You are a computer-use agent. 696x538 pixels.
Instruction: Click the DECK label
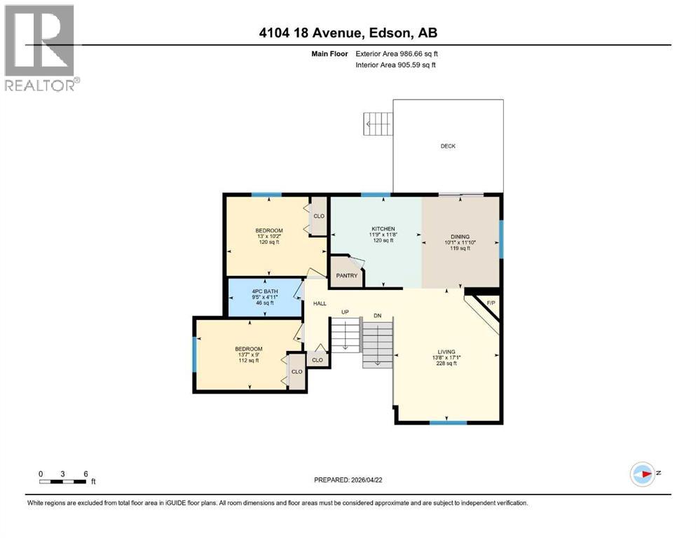[x=448, y=146]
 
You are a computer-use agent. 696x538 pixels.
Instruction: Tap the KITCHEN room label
[x=383, y=229]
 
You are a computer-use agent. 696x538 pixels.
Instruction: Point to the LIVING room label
[x=446, y=352]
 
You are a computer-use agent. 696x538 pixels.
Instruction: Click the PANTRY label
[x=346, y=275]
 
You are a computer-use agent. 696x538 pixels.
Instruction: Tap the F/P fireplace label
[x=490, y=302]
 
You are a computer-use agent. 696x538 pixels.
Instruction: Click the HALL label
[x=320, y=303]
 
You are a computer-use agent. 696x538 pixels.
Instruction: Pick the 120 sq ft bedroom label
[x=268, y=231]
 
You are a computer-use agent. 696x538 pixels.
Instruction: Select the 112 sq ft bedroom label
[x=249, y=349]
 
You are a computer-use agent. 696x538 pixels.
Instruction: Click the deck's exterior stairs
[x=378, y=124]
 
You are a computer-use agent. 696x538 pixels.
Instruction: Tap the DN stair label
[x=377, y=316]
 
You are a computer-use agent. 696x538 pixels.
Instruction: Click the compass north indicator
[x=642, y=474]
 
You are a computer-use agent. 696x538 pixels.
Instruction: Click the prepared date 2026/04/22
[x=348, y=480]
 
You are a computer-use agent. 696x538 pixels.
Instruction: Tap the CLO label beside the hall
[x=318, y=360]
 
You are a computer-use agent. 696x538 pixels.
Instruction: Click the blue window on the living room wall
[x=448, y=422]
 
